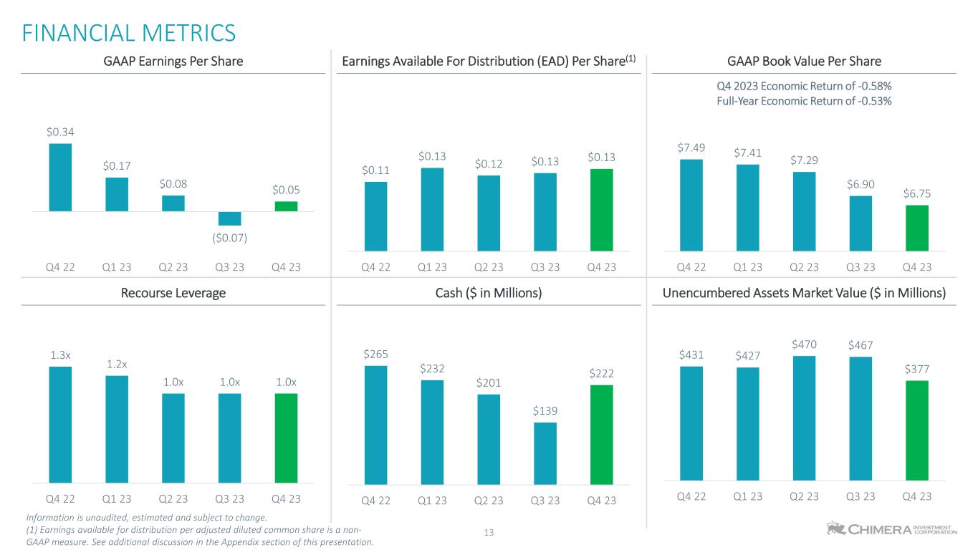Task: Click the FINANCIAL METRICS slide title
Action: pos(129,33)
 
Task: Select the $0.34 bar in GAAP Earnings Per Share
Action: pos(60,177)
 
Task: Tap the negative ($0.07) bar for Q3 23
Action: pos(229,218)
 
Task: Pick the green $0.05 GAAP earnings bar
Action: pos(286,206)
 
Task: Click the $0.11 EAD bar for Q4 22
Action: pos(375,216)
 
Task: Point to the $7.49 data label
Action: pos(691,148)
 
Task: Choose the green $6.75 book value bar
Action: pos(916,228)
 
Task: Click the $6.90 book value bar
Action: pos(860,223)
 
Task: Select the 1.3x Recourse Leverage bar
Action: pos(60,425)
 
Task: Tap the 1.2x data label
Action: pos(117,364)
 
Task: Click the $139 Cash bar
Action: pos(545,453)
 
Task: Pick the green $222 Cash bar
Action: pos(601,435)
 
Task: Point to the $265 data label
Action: pos(375,354)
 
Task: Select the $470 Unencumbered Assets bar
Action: pos(804,418)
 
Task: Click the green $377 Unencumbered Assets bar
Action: pos(916,430)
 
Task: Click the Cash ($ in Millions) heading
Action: pos(489,293)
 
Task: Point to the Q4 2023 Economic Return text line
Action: pos(804,86)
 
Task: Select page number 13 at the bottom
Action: pos(490,533)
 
